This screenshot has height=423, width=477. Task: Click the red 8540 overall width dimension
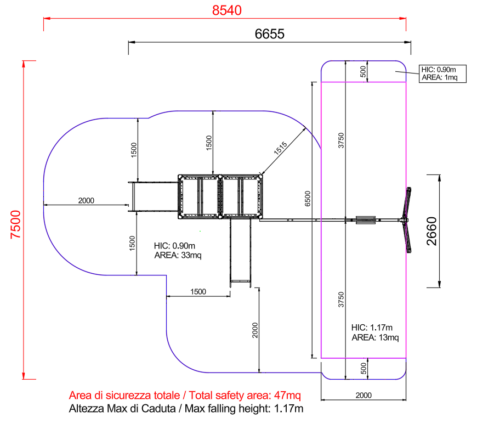point(226,10)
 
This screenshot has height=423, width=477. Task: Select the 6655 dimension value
point(269,34)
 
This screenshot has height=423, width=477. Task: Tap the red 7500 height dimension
point(15,224)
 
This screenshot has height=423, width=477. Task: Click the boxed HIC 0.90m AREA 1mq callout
point(442,74)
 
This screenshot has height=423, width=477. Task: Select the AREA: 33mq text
point(178,256)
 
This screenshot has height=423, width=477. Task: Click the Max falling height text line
point(186,409)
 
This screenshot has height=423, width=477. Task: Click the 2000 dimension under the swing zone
point(363,395)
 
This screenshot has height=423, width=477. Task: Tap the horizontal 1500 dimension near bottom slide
point(198,291)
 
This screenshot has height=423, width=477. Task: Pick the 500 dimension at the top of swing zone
point(363,71)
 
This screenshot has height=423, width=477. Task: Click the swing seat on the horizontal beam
point(365,220)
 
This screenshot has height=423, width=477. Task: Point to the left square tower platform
point(198,196)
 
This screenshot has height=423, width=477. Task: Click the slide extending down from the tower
point(240,250)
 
